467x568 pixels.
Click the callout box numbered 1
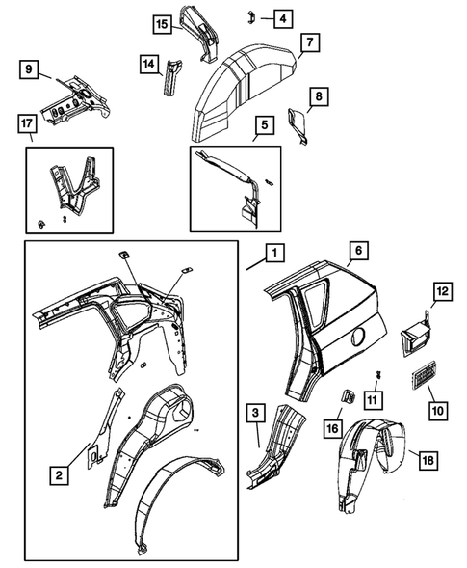(x=273, y=254)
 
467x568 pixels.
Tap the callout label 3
(x=256, y=415)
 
